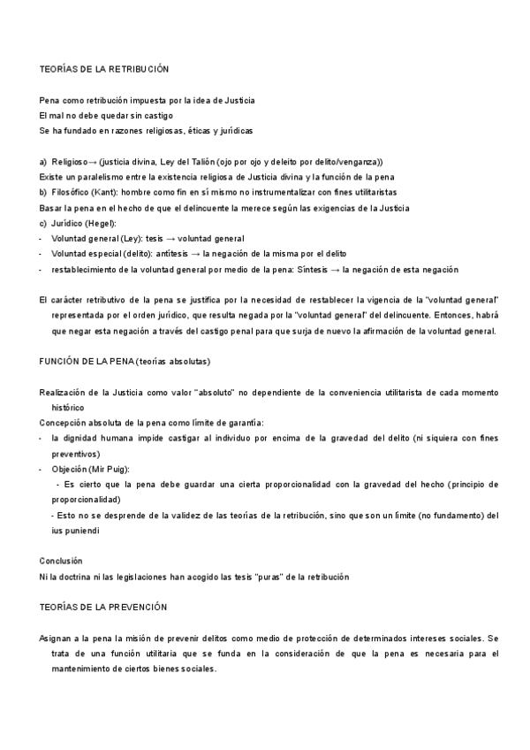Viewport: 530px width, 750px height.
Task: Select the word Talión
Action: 195,162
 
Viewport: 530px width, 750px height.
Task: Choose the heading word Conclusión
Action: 61,560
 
